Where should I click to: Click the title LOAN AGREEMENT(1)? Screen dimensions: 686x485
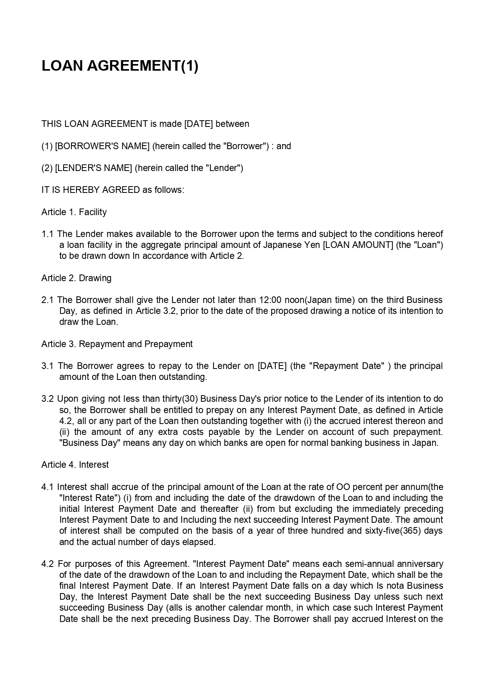pos(120,66)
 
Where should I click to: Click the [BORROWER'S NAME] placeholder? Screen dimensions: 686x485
pos(102,146)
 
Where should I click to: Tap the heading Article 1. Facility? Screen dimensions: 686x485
pos(74,212)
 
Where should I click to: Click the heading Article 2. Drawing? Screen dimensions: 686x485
pos(76,278)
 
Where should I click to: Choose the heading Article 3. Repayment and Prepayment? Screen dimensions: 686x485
pos(117,344)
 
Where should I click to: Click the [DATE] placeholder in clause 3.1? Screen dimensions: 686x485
pos(272,366)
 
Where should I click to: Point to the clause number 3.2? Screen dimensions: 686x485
pos(47,399)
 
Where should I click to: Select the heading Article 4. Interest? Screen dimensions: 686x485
pos(75,465)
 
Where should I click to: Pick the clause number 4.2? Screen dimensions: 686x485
pos(47,564)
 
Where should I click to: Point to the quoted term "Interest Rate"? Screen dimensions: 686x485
pos(90,498)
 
